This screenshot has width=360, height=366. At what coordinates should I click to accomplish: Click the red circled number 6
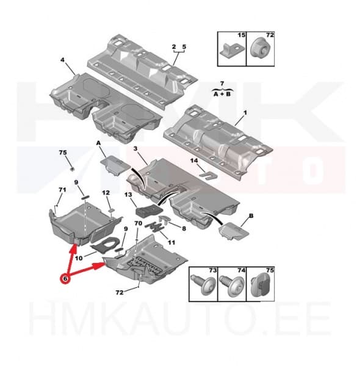tap(65, 279)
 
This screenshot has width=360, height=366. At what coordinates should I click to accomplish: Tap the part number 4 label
tap(62, 60)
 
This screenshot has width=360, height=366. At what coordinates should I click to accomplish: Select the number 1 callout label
tap(245, 113)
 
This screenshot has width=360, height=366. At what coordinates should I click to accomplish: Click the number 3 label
tap(136, 148)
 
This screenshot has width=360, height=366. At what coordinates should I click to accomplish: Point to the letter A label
tap(98, 143)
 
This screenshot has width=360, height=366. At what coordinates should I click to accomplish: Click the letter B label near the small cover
tap(251, 216)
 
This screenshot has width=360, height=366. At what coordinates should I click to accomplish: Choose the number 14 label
tap(194, 160)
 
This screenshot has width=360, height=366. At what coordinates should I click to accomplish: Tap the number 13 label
tap(128, 195)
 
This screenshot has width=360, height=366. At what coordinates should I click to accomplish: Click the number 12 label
tap(106, 193)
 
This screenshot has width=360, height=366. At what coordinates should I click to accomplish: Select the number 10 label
tap(79, 258)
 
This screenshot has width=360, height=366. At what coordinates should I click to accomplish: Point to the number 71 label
tap(62, 190)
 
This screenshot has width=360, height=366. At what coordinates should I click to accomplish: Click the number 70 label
tap(139, 223)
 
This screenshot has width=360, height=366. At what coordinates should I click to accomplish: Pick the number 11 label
tap(171, 243)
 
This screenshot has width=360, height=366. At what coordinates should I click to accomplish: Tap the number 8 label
tap(184, 229)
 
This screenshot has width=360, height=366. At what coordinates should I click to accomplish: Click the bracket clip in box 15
tap(230, 51)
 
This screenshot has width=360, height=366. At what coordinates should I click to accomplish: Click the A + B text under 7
tap(222, 94)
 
